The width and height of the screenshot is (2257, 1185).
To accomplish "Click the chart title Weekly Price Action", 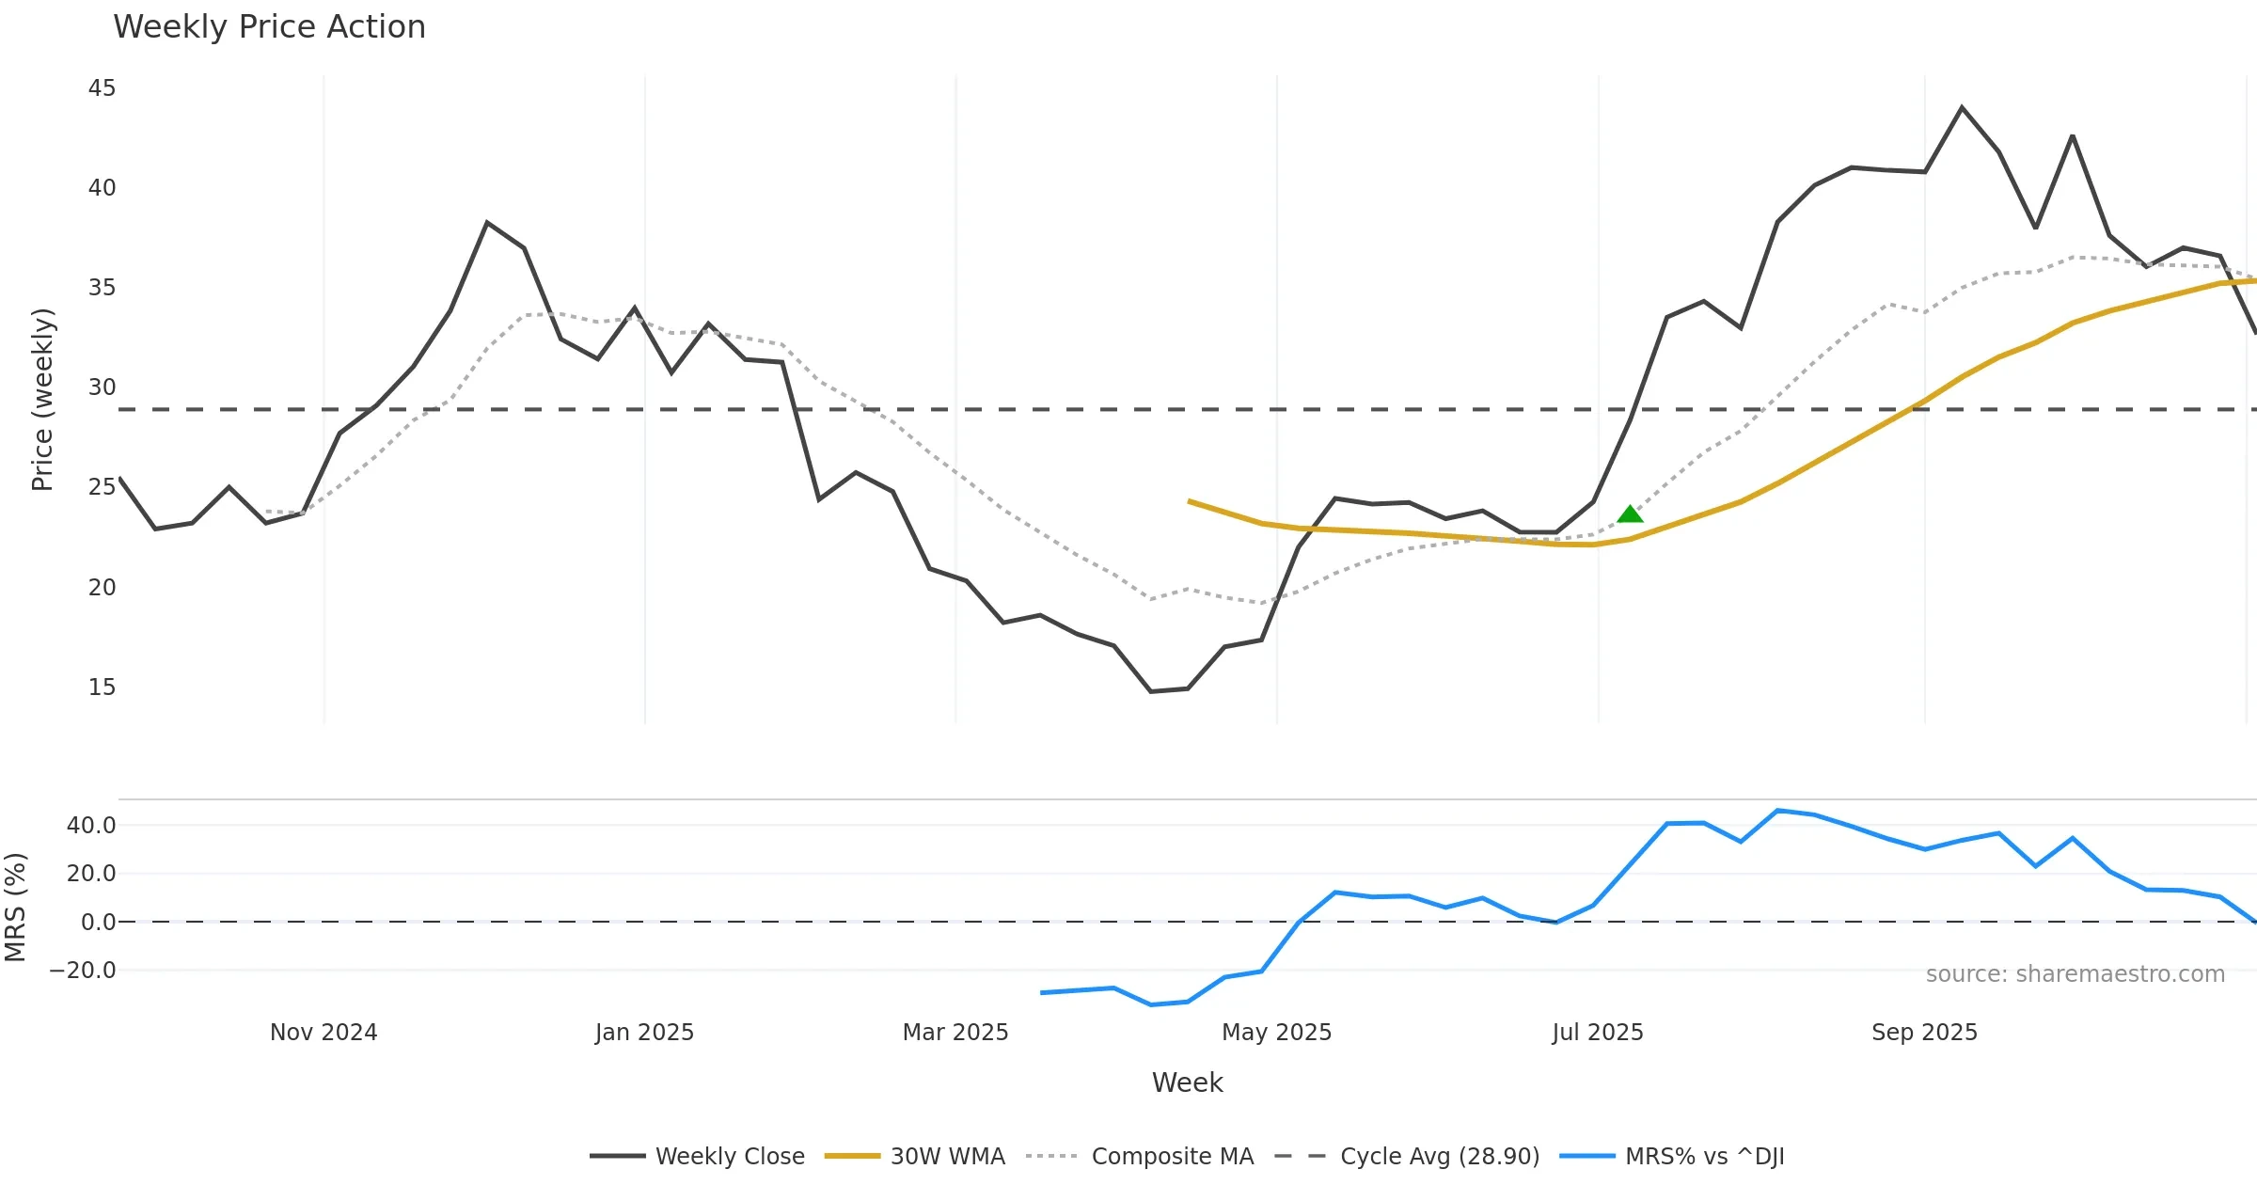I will [269, 27].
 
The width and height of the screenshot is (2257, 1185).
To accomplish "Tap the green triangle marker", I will [1630, 514].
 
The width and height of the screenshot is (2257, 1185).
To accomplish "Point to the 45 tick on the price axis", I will [102, 88].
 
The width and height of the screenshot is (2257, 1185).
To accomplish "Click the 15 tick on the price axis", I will [102, 687].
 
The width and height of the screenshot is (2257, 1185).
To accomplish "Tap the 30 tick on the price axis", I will [102, 387].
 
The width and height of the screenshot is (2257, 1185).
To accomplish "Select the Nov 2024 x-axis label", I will [324, 1033].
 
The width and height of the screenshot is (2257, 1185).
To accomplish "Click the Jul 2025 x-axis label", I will [1598, 1033].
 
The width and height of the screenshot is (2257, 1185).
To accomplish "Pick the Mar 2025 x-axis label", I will [955, 1033].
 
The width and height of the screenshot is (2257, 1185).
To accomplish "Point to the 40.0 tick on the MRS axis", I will [91, 826].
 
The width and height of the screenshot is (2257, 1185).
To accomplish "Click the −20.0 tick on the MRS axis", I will [84, 971].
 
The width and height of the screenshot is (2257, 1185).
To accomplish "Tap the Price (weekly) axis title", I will [42, 400].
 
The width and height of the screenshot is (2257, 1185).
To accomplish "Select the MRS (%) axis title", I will [15, 908].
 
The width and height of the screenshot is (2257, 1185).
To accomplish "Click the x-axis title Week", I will [1187, 1083].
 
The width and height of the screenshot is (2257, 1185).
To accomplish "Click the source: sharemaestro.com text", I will [2075, 974].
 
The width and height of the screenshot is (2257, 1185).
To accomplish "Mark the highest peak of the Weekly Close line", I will [1962, 107].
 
